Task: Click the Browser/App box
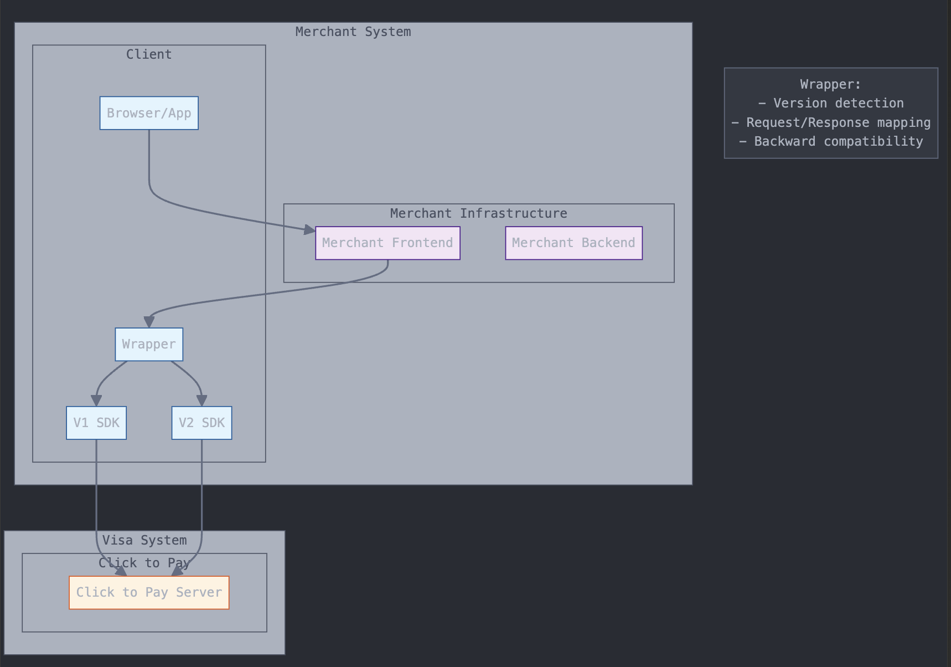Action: pyautogui.click(x=149, y=113)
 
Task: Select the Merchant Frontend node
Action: pyautogui.click(x=387, y=243)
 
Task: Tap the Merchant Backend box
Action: pyautogui.click(x=573, y=243)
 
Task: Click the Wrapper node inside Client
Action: pyautogui.click(x=149, y=344)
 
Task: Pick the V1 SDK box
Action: pyautogui.click(x=96, y=423)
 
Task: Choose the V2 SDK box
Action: pyautogui.click(x=201, y=423)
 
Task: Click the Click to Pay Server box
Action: pyautogui.click(x=149, y=592)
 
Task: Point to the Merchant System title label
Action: pyautogui.click(x=353, y=32)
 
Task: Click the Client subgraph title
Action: pyautogui.click(x=149, y=54)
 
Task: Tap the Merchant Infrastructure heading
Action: pyautogui.click(x=478, y=213)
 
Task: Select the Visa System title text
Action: pyautogui.click(x=144, y=540)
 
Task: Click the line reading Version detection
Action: pyautogui.click(x=831, y=103)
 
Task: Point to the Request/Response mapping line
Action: pyautogui.click(x=831, y=122)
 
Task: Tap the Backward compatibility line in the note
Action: pyautogui.click(x=831, y=141)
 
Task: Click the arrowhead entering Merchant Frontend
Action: pyautogui.click(x=310, y=229)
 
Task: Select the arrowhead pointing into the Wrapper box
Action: pyautogui.click(x=149, y=322)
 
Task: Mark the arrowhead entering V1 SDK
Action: pyautogui.click(x=96, y=401)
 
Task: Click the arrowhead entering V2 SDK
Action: pyautogui.click(x=201, y=401)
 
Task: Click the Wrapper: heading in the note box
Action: pyautogui.click(x=831, y=84)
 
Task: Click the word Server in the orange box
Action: pyautogui.click(x=199, y=592)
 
